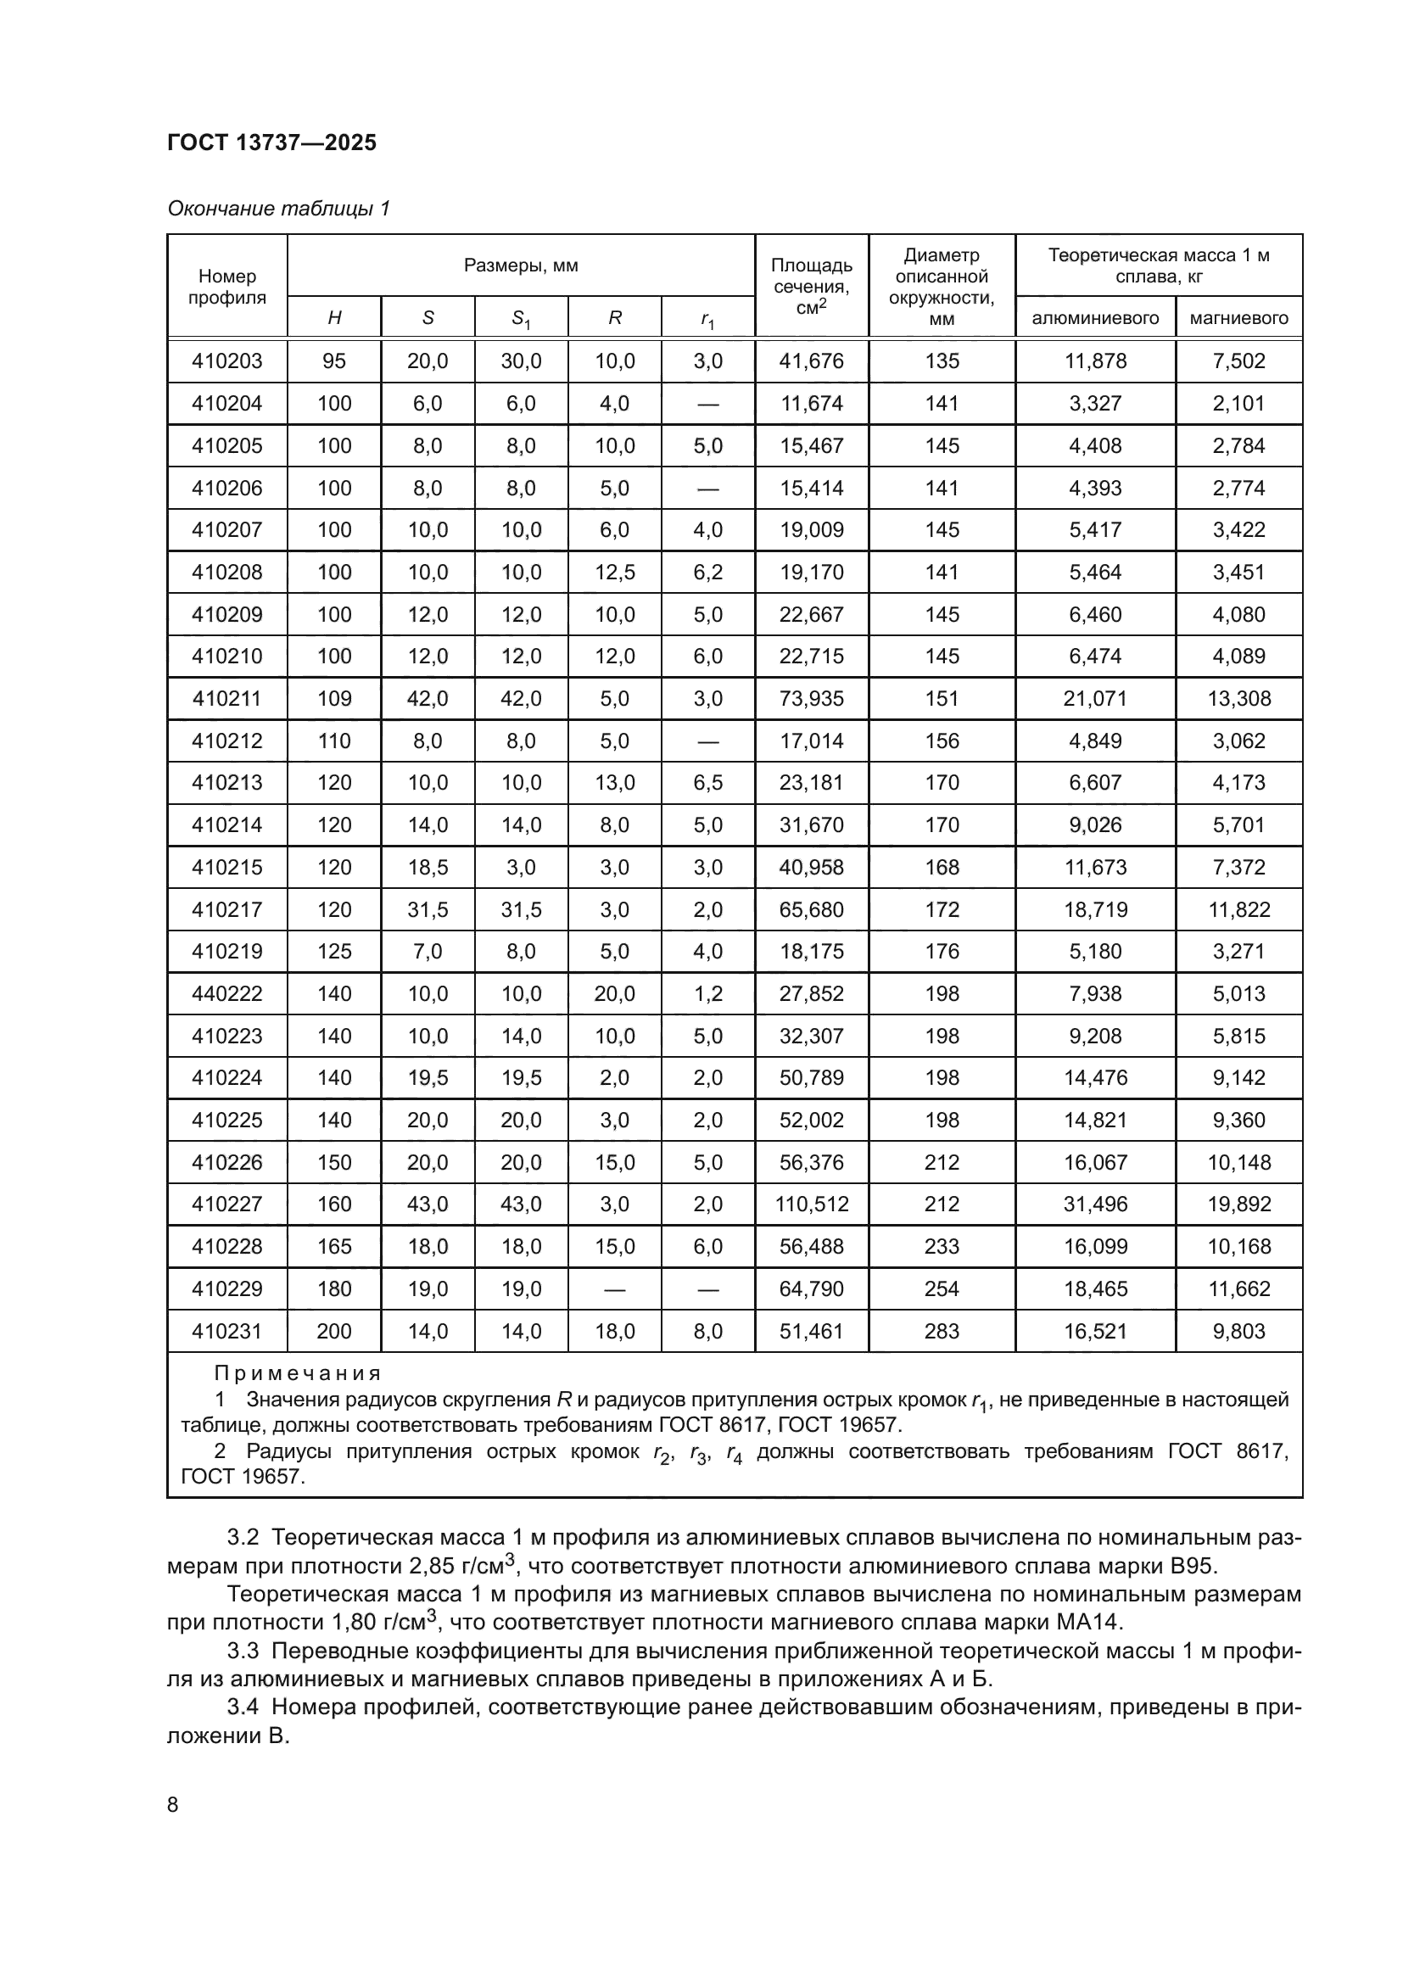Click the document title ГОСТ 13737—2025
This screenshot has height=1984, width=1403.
[272, 143]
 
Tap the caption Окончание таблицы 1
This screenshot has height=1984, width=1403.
[278, 209]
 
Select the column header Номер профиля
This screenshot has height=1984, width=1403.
[227, 287]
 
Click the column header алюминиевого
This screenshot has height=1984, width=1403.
[1094, 318]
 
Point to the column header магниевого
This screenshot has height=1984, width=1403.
[1238, 318]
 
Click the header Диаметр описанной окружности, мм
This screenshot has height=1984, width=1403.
[941, 287]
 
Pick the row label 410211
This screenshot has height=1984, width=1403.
[227, 698]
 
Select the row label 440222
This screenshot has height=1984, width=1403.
[227, 994]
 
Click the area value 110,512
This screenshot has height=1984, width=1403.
[811, 1204]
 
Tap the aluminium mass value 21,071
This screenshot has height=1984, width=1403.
[1094, 698]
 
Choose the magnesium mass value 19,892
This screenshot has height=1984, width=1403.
[1238, 1204]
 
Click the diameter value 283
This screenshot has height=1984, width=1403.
[941, 1332]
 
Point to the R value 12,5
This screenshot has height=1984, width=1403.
[614, 572]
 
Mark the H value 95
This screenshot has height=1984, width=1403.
[334, 361]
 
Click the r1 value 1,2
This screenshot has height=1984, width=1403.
[707, 994]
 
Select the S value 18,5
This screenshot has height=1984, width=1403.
[428, 867]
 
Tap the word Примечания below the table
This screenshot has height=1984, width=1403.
[297, 1373]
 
